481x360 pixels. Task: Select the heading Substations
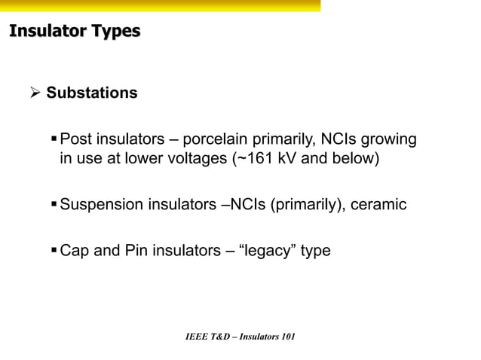point(92,93)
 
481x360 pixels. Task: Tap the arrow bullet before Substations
point(34,93)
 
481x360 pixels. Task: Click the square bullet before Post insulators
point(54,139)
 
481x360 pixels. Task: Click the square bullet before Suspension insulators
point(54,205)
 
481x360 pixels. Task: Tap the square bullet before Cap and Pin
point(54,251)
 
